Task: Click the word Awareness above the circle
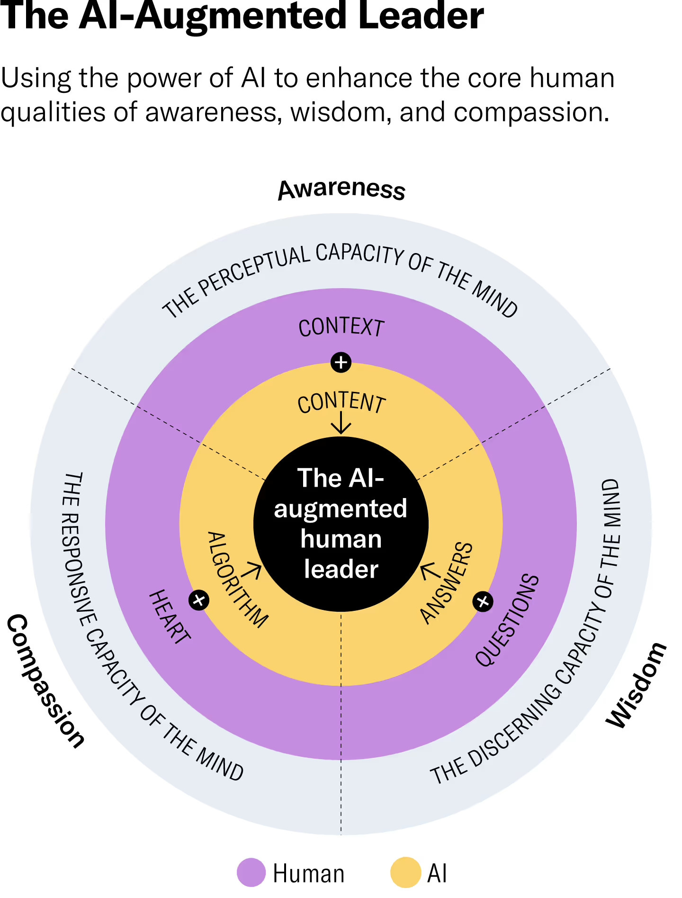click(341, 189)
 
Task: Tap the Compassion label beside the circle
click(45, 680)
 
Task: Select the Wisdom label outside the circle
click(637, 685)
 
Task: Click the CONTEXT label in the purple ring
click(341, 327)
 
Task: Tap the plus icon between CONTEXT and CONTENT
click(341, 363)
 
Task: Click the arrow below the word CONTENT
click(341, 423)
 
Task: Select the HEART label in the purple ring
click(170, 617)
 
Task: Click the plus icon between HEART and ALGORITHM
click(199, 600)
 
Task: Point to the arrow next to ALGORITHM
click(252, 571)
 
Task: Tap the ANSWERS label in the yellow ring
click(447, 582)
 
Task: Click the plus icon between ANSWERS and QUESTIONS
click(483, 602)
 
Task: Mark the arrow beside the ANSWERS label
click(429, 571)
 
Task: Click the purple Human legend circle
click(251, 872)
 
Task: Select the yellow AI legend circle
click(405, 872)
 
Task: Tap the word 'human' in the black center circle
click(341, 539)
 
